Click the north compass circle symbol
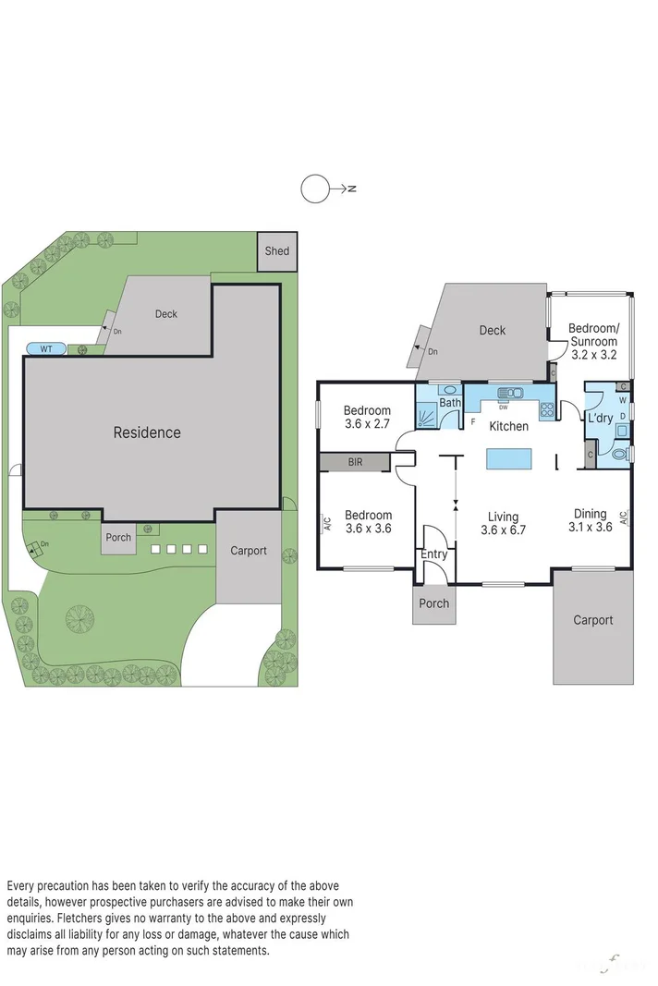click(314, 189)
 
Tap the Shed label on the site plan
click(276, 250)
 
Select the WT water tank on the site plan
click(45, 348)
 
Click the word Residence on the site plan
click(147, 432)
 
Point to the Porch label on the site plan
click(118, 538)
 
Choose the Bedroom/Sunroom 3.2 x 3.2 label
click(593, 341)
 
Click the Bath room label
click(449, 403)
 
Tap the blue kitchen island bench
click(510, 459)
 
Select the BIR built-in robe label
click(356, 461)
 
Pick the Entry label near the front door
click(433, 554)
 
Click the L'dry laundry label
click(601, 419)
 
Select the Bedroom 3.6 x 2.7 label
click(368, 418)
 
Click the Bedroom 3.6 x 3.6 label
click(368, 522)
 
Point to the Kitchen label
click(508, 426)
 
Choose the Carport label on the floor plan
click(592, 620)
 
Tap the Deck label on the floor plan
click(493, 330)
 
